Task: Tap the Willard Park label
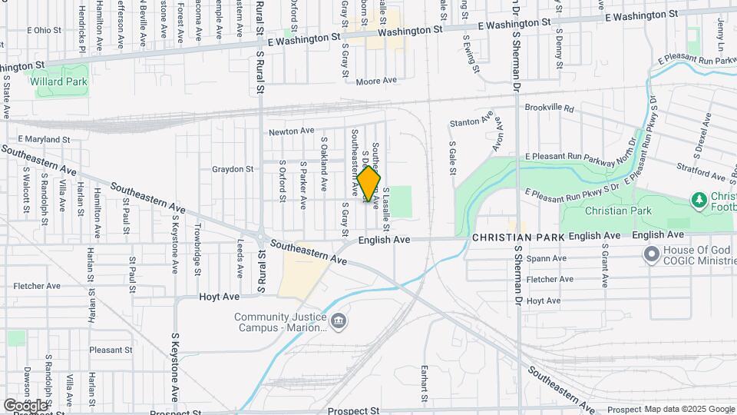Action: pos(58,81)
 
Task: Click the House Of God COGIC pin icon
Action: pos(653,253)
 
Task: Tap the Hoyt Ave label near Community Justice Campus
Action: pos(220,296)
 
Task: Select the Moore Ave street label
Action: pos(382,80)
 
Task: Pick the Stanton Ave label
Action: pos(471,121)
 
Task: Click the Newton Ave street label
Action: pos(291,132)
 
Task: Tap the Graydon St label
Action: pos(233,169)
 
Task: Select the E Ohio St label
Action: pos(43,31)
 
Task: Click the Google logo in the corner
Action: pos(25,405)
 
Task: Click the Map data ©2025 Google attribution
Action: pos(688,408)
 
